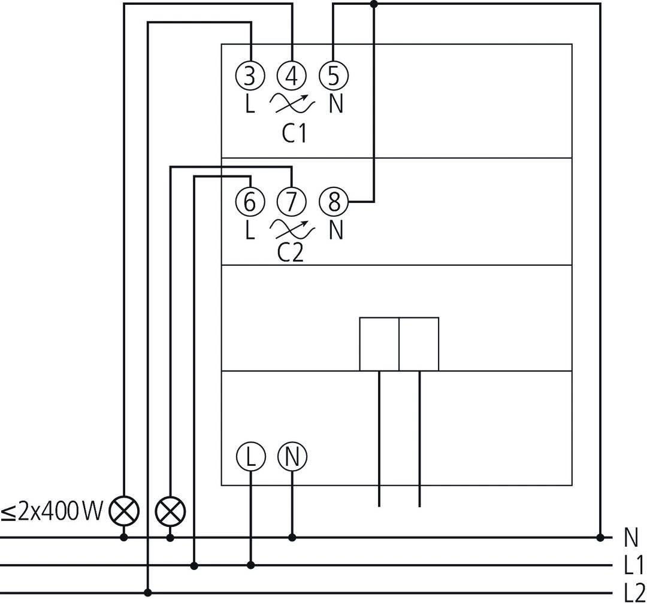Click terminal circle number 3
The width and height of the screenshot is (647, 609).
point(250,76)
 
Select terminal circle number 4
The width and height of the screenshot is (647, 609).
point(292,76)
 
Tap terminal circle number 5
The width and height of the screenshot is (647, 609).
point(334,76)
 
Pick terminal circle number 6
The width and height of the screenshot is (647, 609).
point(250,202)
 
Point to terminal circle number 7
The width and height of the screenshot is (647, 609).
point(292,202)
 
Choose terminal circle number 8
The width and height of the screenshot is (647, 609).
point(334,202)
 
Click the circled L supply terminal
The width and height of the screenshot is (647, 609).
point(250,457)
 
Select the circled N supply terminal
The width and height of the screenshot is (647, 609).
point(292,457)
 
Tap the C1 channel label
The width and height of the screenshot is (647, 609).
point(294,133)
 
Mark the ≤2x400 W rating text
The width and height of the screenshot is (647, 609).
point(52,512)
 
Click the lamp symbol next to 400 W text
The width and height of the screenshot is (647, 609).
point(124,511)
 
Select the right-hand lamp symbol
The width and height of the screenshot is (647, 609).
point(170,511)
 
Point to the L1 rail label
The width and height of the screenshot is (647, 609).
point(632,566)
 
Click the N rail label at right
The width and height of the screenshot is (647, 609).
point(631,538)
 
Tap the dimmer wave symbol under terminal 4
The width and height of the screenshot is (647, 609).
point(292,104)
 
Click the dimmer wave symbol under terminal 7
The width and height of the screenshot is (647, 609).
point(292,228)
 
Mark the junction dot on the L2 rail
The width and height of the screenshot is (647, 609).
point(148,593)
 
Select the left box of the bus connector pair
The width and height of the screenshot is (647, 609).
point(379,344)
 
